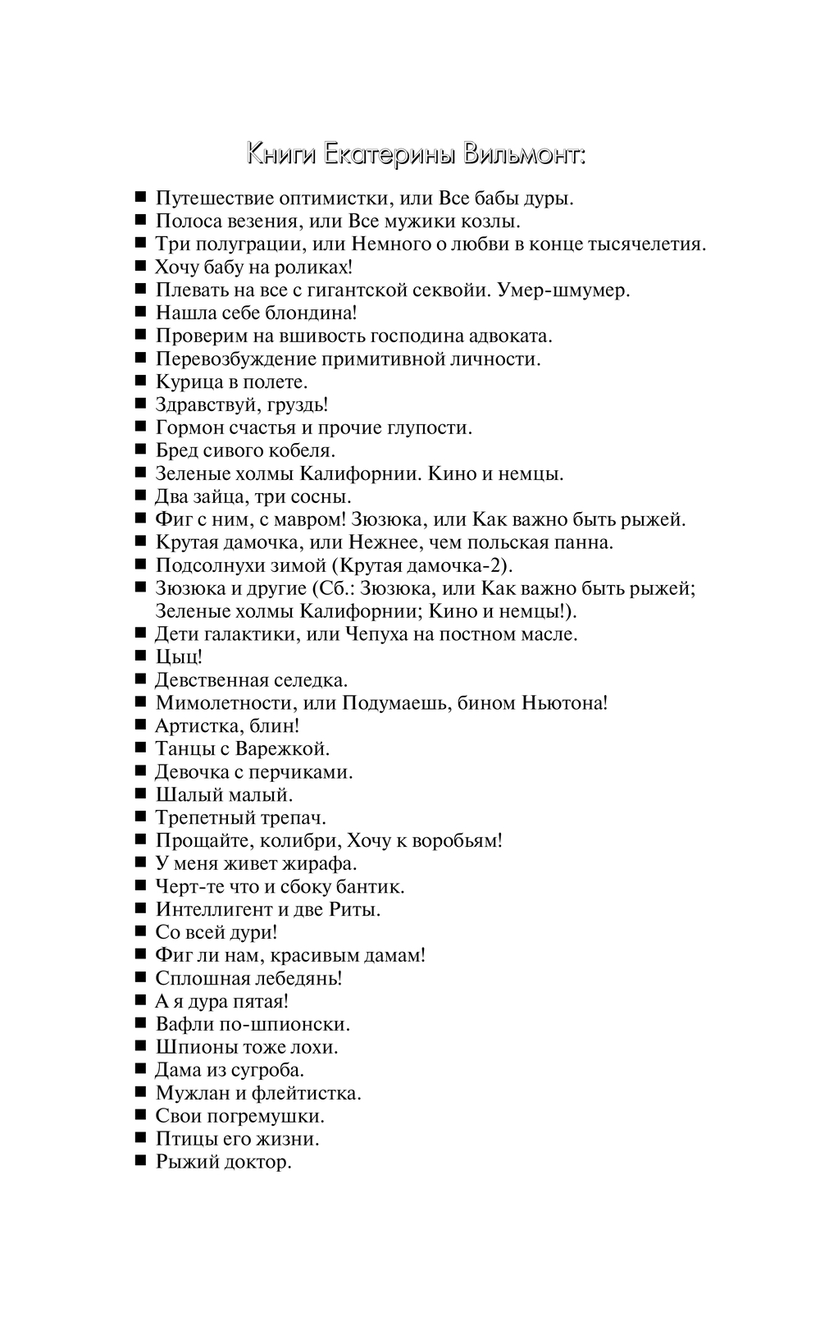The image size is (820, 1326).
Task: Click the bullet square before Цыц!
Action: pyautogui.click(x=140, y=656)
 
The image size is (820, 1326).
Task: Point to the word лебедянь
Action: pyautogui.click(x=299, y=978)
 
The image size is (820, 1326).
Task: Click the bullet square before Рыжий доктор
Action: pyautogui.click(x=140, y=1161)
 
